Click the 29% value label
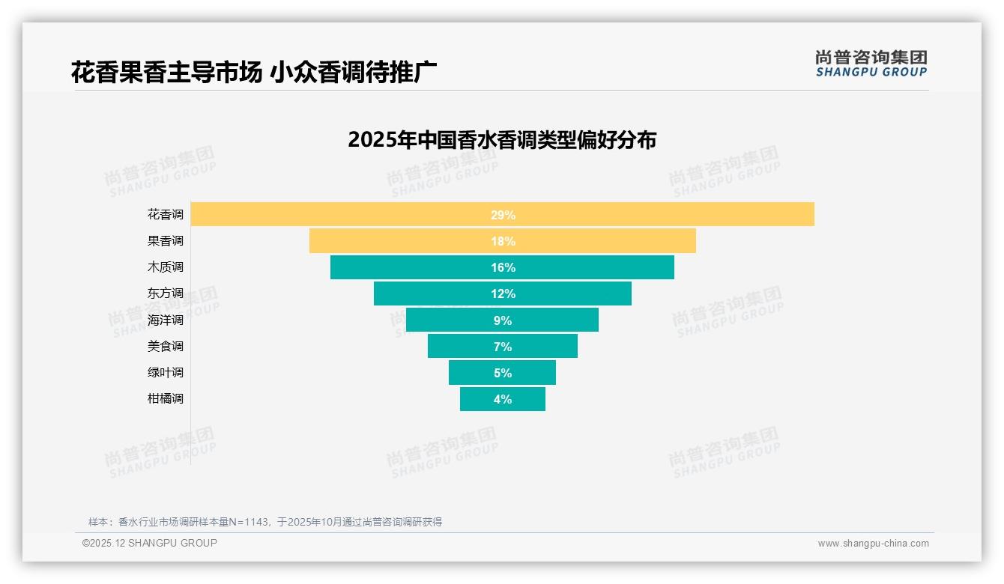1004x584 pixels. [x=503, y=215]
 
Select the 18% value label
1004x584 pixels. [x=503, y=241]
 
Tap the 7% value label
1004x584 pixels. [x=503, y=347]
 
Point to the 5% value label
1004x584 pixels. [x=503, y=373]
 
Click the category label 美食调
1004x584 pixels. [x=165, y=347]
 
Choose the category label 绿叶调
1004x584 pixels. [x=165, y=373]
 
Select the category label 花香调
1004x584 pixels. [x=165, y=215]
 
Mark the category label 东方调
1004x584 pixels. [x=165, y=293]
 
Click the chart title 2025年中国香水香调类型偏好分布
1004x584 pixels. [x=502, y=140]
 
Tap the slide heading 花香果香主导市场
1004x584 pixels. [x=166, y=72]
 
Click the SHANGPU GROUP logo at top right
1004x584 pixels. [x=871, y=64]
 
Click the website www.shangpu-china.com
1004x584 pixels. [x=873, y=544]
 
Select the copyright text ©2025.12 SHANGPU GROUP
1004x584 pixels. [x=150, y=543]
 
